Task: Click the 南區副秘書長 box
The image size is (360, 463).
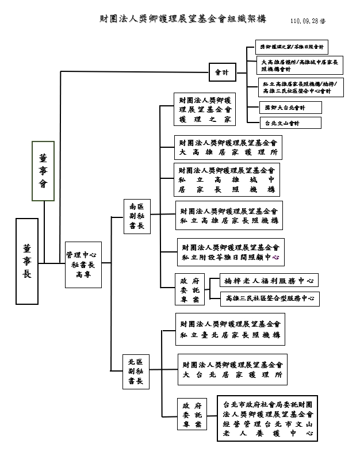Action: tap(137, 216)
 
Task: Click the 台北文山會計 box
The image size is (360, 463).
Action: tap(282, 123)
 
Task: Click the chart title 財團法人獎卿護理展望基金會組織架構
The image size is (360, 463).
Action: tap(182, 19)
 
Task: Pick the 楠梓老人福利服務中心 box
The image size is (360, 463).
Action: tap(269, 281)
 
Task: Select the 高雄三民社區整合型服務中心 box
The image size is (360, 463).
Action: tap(270, 299)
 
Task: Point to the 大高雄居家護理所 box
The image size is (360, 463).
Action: tap(228, 147)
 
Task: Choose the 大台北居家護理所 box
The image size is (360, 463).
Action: tap(232, 369)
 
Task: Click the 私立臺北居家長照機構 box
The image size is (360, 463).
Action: tap(230, 330)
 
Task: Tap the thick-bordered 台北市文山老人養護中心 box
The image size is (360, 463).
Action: tap(267, 418)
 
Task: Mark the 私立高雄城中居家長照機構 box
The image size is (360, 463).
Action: tap(227, 179)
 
